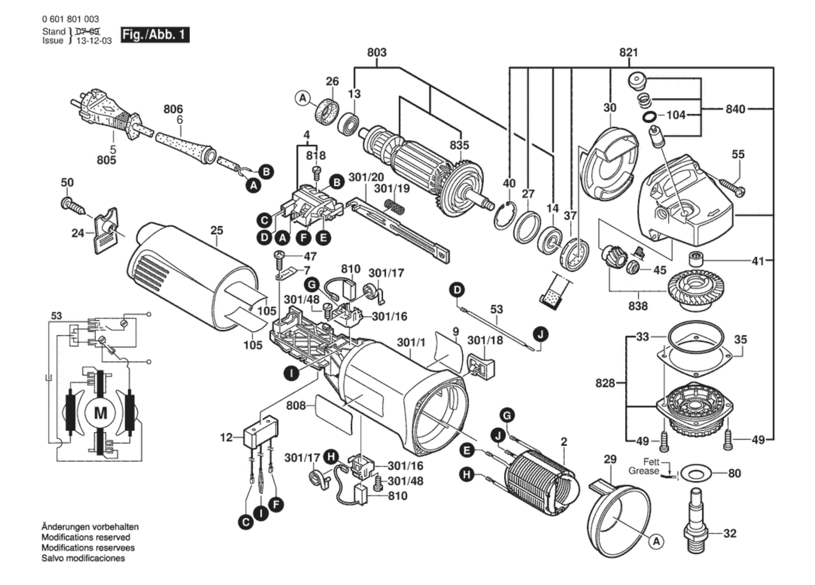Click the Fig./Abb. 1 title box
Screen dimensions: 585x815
click(x=154, y=35)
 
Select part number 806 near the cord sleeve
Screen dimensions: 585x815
click(x=173, y=109)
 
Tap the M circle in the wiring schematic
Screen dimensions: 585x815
click(x=100, y=413)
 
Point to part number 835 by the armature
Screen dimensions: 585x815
click(x=459, y=145)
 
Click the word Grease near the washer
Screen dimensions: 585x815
click(x=643, y=471)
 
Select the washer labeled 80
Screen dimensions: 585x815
click(x=696, y=474)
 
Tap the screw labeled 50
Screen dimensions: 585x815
click(x=73, y=206)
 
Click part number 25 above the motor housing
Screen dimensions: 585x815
click(x=217, y=230)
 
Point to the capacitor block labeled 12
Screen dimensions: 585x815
click(x=260, y=433)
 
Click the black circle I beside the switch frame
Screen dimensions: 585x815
click(x=291, y=373)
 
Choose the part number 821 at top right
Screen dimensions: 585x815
click(x=628, y=52)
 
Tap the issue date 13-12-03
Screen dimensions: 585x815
click(x=94, y=41)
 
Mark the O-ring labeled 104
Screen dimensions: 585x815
click(x=649, y=116)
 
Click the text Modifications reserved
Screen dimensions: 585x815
click(x=86, y=537)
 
